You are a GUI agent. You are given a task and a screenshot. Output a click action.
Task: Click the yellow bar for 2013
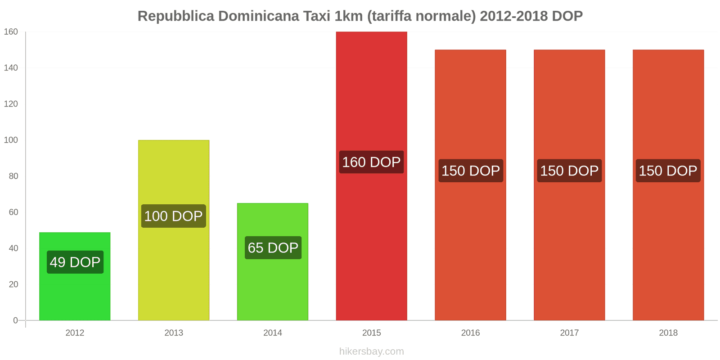tap(174, 270)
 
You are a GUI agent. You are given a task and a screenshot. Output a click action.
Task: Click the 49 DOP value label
tap(75, 262)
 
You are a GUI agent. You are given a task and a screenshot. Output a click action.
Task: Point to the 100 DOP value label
tap(174, 216)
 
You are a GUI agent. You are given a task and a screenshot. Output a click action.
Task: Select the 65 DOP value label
tap(273, 247)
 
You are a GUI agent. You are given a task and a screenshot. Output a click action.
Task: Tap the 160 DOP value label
tap(371, 162)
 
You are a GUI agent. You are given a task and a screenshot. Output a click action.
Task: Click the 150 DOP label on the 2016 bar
tap(471, 171)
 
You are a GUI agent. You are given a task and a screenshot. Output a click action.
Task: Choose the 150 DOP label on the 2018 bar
tap(668, 171)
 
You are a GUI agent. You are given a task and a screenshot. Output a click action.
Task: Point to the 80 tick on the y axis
tap(13, 176)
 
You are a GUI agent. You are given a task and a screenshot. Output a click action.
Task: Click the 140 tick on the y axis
tap(11, 68)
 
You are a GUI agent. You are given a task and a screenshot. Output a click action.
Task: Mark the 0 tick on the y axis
tap(16, 320)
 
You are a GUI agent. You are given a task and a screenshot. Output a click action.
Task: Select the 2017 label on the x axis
tap(569, 333)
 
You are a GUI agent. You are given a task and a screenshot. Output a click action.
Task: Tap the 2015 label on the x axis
tap(371, 333)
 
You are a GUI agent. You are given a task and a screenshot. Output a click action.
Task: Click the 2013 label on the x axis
tap(174, 333)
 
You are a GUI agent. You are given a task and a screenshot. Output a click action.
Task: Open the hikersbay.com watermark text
tap(371, 351)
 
